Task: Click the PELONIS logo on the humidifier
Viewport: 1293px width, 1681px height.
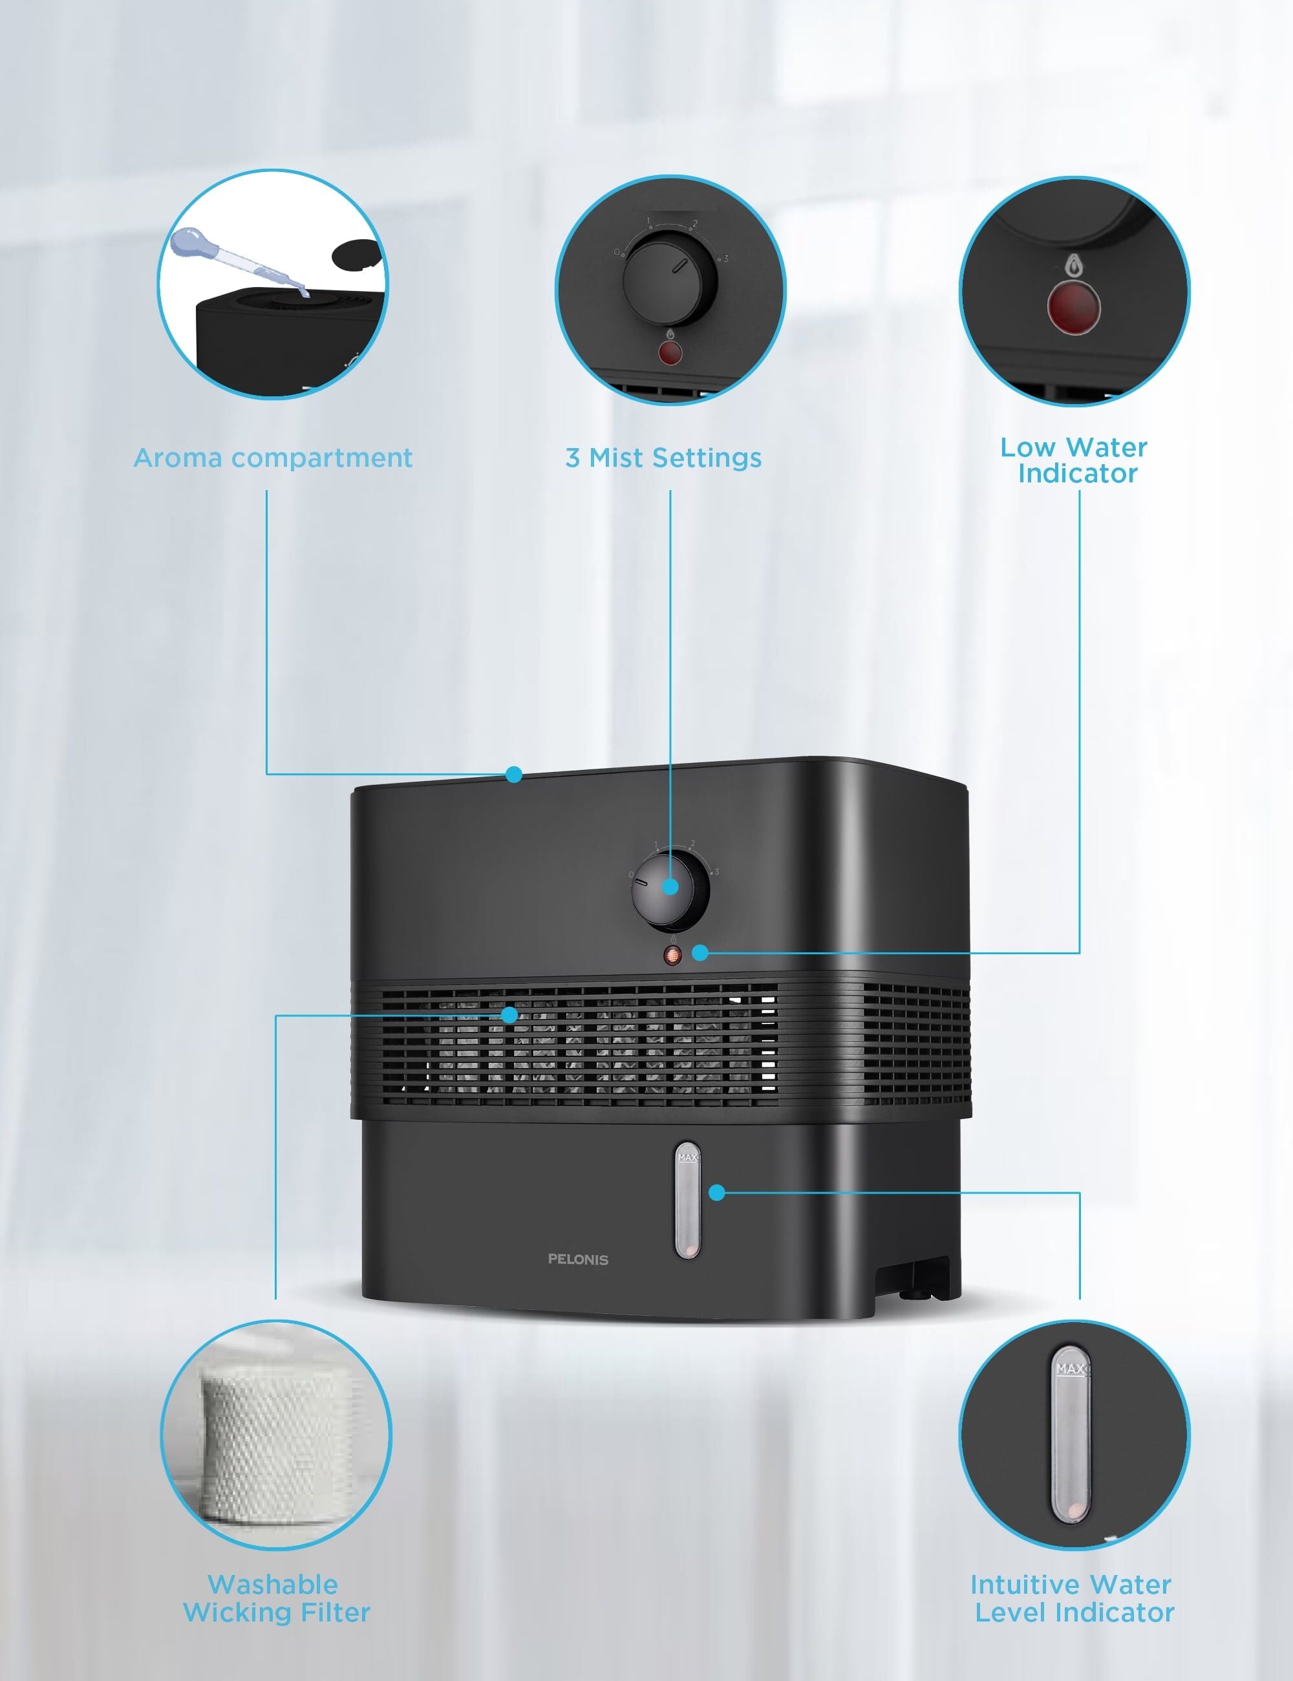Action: tap(578, 1260)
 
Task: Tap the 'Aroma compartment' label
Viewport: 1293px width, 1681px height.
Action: tap(273, 458)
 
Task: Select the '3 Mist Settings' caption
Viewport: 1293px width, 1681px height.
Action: tap(663, 458)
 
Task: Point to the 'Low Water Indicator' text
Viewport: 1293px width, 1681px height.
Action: tap(1074, 460)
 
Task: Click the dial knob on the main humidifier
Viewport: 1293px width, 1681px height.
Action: tap(670, 890)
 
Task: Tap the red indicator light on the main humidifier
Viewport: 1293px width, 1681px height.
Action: tap(672, 956)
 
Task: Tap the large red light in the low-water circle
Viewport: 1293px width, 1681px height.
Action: tap(1073, 308)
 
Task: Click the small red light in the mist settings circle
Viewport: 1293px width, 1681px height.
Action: tap(670, 353)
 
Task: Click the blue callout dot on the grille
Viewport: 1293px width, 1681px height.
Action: tap(509, 1015)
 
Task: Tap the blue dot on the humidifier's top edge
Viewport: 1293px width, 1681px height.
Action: tap(514, 775)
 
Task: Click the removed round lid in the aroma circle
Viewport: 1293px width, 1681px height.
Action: tap(356, 253)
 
